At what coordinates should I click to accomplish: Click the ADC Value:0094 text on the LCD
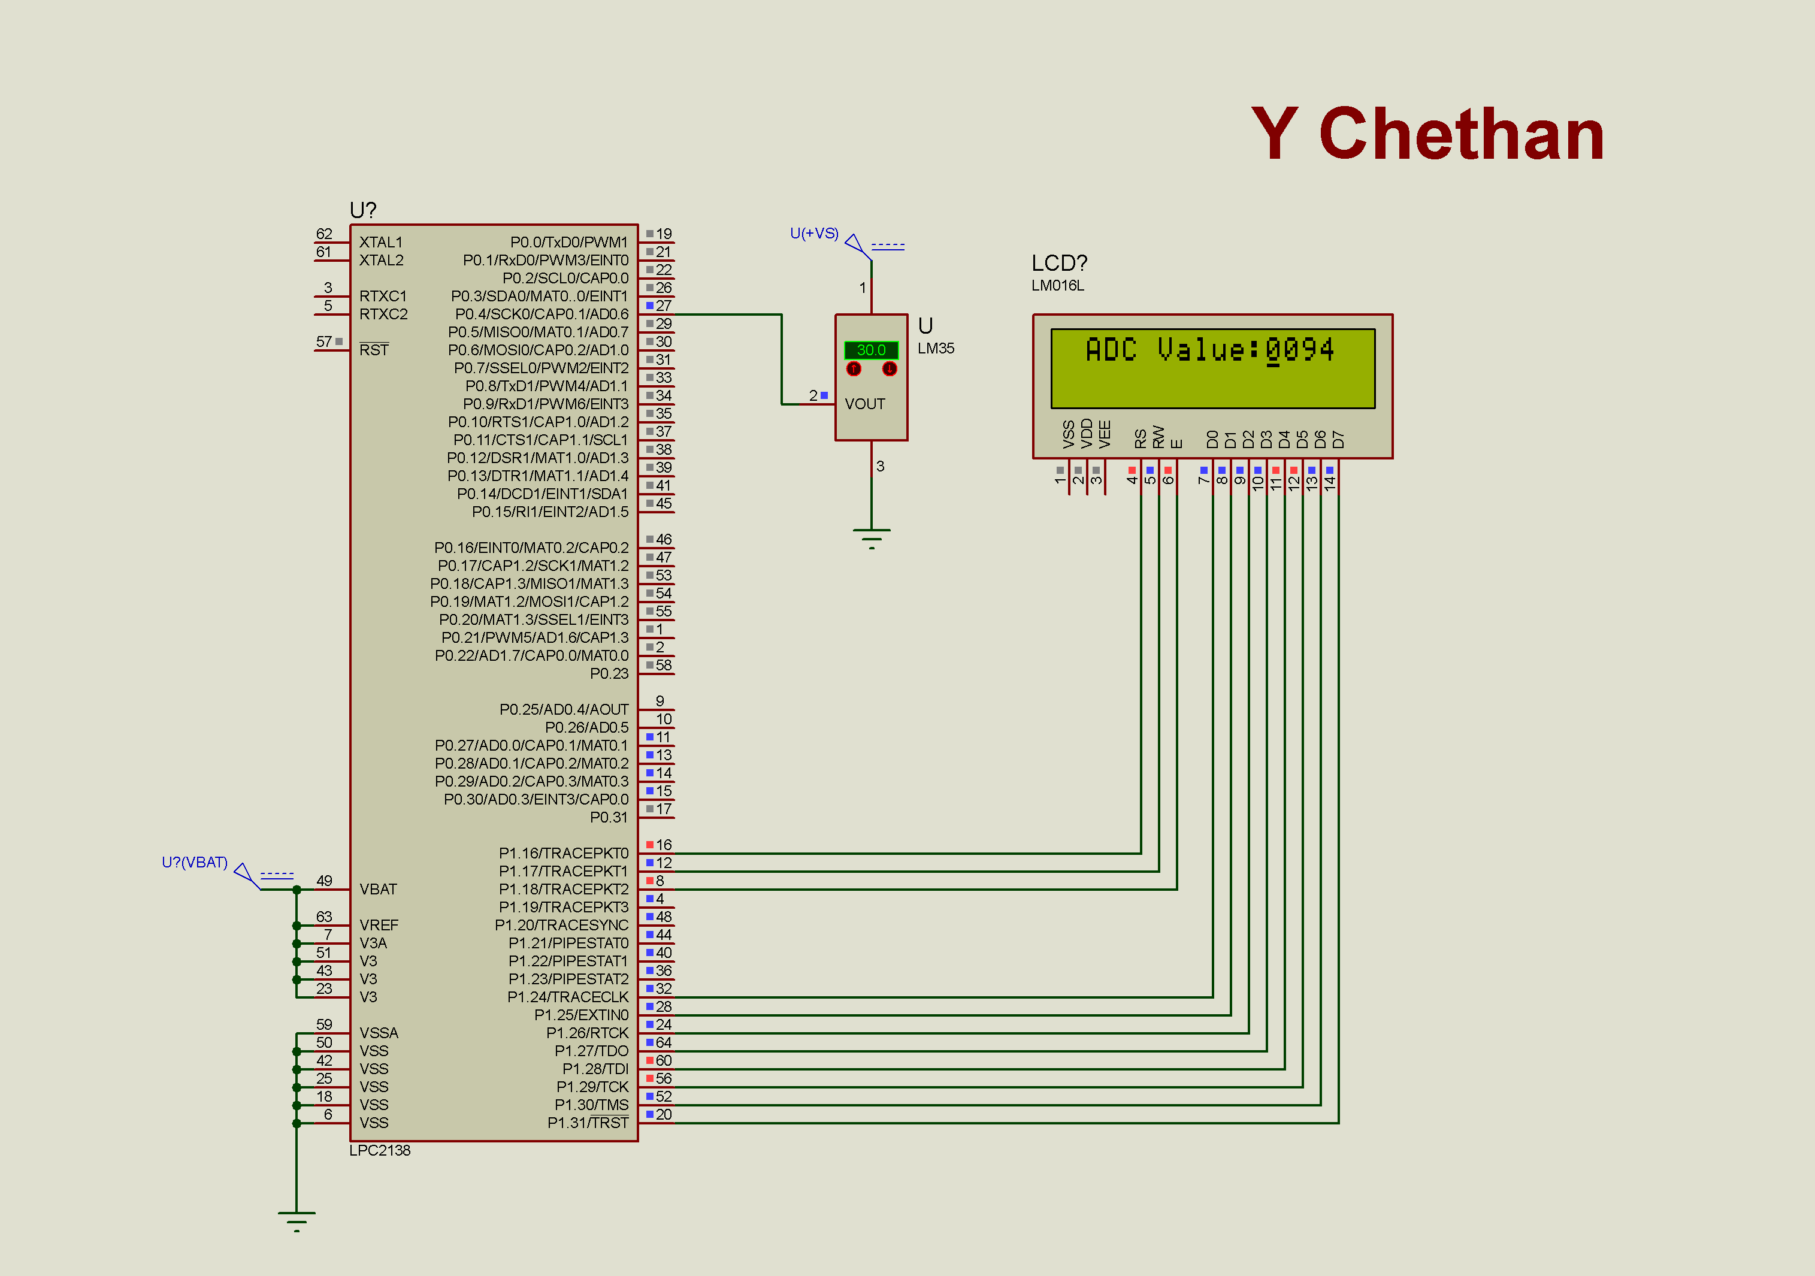click(1209, 349)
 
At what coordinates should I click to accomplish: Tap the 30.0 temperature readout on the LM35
click(871, 349)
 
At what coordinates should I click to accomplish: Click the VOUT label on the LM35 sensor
click(865, 404)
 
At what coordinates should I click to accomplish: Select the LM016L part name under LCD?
click(1058, 285)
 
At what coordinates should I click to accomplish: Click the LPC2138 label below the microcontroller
click(379, 1150)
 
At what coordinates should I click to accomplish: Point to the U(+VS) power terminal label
click(814, 233)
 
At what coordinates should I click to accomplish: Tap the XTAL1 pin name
click(380, 242)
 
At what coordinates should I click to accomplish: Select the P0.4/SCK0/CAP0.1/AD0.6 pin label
click(542, 314)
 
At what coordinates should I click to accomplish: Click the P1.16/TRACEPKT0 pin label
click(563, 853)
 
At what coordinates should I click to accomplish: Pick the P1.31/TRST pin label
click(588, 1123)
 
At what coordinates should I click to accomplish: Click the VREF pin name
click(379, 925)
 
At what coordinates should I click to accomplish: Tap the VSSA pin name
click(379, 1033)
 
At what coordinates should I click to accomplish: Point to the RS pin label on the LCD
click(1141, 439)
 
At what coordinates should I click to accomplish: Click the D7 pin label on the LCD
click(1338, 439)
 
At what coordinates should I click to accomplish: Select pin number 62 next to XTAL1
click(324, 233)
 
